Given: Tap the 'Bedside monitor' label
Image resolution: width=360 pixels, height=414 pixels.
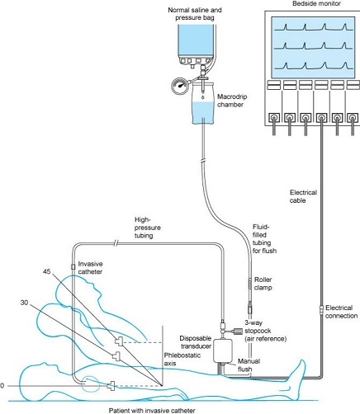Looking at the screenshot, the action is click(316, 3).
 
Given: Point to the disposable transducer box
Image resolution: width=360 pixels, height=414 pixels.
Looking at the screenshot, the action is click(223, 350).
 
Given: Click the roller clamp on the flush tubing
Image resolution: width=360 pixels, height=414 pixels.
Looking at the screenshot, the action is click(250, 284).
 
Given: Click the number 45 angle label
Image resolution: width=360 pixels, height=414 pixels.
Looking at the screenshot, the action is click(47, 271).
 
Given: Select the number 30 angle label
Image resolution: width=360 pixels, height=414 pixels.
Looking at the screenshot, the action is click(24, 303).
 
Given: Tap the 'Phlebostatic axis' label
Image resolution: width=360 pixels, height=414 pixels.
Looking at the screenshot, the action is click(182, 360).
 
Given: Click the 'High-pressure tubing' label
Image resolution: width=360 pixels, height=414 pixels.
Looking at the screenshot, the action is click(148, 228).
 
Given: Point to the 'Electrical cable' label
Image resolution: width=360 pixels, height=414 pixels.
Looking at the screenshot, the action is click(303, 196).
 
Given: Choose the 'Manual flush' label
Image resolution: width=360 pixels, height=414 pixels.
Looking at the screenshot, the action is click(249, 365).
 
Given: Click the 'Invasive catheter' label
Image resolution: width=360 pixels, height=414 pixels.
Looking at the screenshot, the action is click(90, 268).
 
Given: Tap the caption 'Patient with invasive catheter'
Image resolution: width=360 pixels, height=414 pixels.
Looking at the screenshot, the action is click(152, 411).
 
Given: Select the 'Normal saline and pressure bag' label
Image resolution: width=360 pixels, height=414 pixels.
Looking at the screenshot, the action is click(195, 14).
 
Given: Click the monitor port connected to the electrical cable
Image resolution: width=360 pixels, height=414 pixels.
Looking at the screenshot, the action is click(321, 118).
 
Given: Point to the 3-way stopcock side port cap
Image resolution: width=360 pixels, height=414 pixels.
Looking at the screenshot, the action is click(238, 332).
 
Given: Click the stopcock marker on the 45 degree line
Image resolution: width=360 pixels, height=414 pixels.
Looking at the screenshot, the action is click(120, 341).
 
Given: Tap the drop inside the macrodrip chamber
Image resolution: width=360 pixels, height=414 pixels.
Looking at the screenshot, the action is click(203, 97).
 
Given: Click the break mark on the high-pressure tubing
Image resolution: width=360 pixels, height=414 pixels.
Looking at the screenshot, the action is click(116, 243).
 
